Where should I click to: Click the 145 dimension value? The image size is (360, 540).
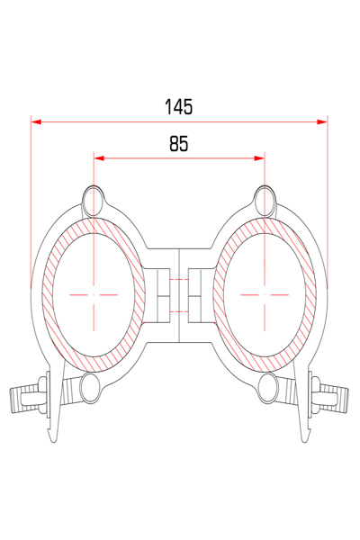pos(178,107)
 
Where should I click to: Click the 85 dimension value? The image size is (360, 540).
pos(179,144)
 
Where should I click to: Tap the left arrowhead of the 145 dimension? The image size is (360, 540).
pos(36,121)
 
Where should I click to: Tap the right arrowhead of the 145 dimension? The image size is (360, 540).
pos(322,121)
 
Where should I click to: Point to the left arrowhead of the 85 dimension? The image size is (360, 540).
pos(99,158)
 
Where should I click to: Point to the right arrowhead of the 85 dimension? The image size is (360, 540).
pos(259,158)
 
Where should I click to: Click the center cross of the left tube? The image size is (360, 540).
pos(94,295)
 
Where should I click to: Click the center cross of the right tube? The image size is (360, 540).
pos(265,295)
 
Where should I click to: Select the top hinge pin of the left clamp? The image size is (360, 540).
pos(93,201)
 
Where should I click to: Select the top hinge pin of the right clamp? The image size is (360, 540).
pos(265,201)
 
